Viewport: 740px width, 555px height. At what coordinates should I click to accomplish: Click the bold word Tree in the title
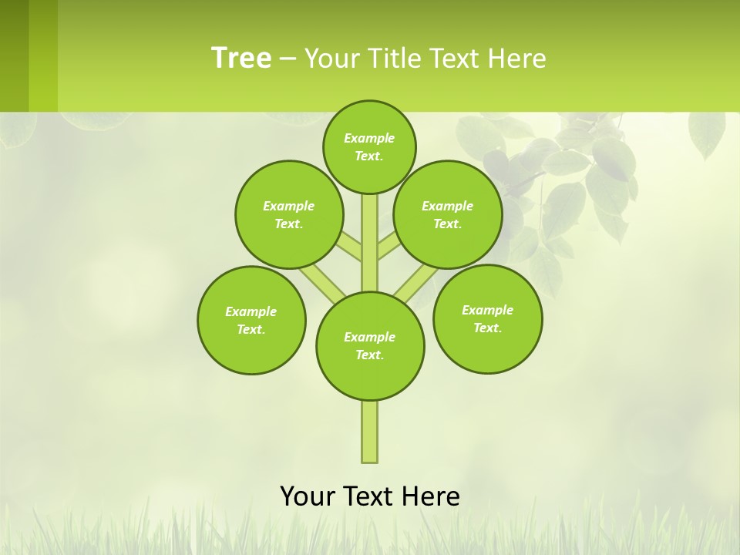click(x=241, y=58)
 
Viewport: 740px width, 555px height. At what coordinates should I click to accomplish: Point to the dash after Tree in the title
click(x=288, y=59)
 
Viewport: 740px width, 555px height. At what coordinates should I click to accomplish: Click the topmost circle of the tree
click(x=369, y=146)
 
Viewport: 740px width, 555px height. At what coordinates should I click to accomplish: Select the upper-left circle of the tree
click(x=289, y=214)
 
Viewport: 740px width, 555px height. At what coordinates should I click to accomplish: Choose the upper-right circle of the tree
click(x=448, y=214)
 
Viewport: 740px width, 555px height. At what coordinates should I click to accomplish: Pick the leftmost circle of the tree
click(x=251, y=320)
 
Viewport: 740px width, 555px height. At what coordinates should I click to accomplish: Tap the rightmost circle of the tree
click(x=487, y=318)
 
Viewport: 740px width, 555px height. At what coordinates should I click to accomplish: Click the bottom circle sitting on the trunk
click(x=370, y=345)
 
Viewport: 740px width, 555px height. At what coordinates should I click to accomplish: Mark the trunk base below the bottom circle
click(x=370, y=432)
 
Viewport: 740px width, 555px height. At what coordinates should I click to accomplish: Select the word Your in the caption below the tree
click(x=308, y=496)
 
